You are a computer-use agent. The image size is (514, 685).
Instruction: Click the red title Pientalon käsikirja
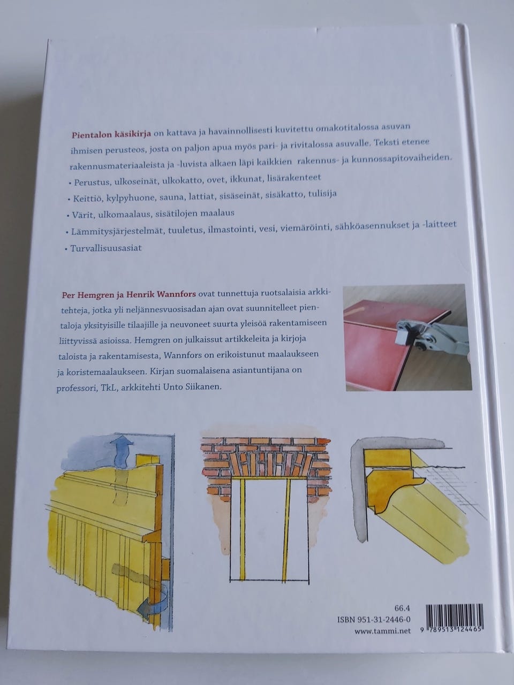click(111, 134)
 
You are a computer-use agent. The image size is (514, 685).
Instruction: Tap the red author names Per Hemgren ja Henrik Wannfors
click(128, 294)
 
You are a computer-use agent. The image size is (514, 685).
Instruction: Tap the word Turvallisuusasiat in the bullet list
click(106, 248)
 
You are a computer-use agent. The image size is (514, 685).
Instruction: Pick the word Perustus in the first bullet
click(93, 181)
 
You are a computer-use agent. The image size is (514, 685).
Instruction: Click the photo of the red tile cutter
click(407, 338)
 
